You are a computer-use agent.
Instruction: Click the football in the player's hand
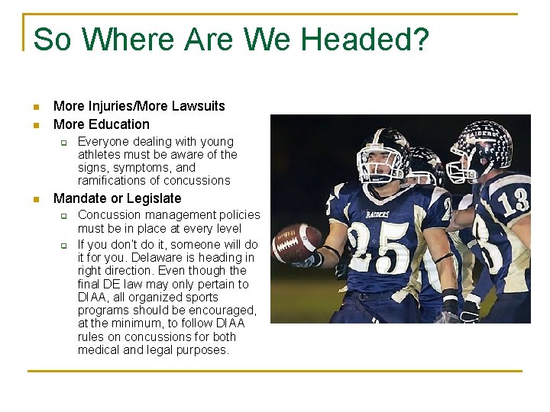296,243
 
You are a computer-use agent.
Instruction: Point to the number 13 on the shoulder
514,200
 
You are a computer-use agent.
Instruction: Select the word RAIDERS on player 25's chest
377,214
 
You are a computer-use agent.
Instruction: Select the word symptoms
141,168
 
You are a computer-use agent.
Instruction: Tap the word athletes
99,155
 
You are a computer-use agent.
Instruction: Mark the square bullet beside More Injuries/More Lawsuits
35,107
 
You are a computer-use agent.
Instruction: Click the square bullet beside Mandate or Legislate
35,199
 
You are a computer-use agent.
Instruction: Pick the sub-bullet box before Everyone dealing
65,143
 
